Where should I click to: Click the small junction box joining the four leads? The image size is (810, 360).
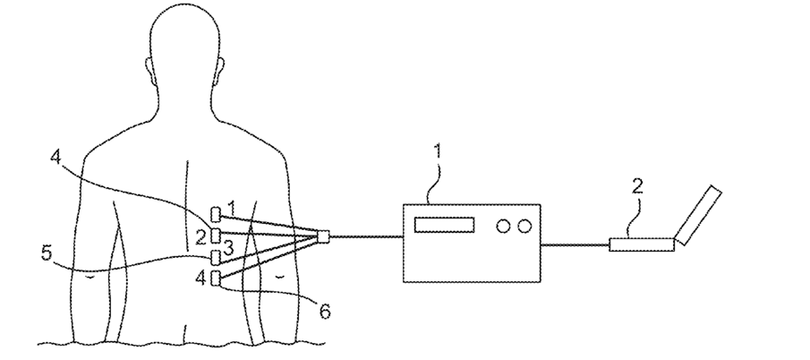[x=323, y=237]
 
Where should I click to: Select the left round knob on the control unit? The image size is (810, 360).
[x=503, y=227]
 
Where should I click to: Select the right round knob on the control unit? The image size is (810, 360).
[x=524, y=227]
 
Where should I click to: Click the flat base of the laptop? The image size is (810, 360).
[x=642, y=243]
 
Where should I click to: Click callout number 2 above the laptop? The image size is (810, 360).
[x=637, y=188]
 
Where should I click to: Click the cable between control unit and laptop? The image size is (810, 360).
[x=575, y=243]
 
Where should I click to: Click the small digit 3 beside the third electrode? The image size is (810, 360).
[x=229, y=246]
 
